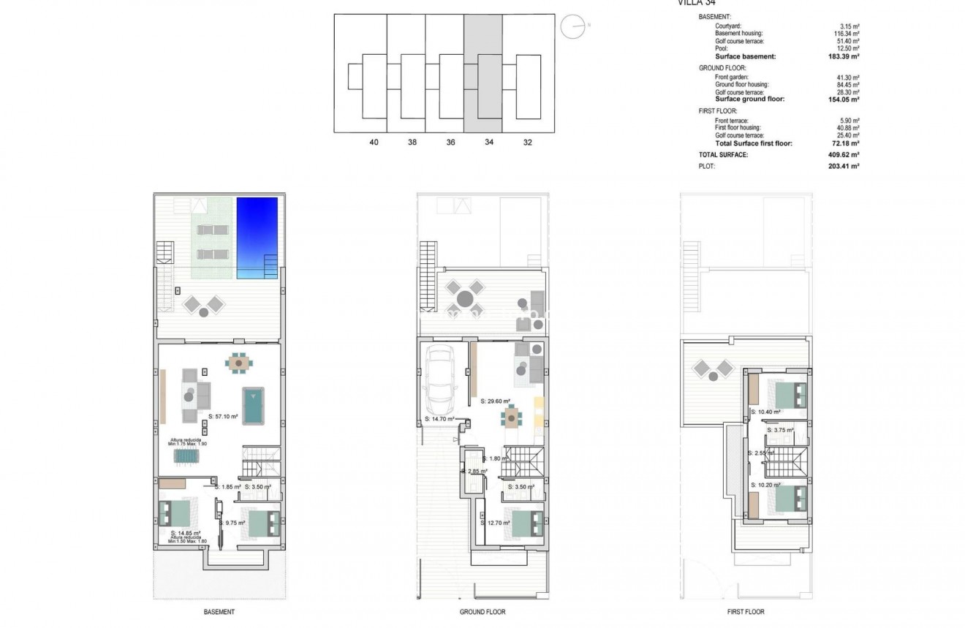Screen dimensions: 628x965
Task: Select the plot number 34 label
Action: click(488, 143)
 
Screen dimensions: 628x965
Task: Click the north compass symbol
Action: click(572, 27)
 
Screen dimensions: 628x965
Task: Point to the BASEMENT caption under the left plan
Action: click(219, 612)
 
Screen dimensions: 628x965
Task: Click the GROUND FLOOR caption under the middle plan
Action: click(482, 612)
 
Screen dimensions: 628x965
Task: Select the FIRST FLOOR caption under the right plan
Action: click(746, 612)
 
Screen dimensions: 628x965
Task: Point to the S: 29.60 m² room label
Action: click(496, 401)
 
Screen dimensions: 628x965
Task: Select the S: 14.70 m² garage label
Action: click(439, 420)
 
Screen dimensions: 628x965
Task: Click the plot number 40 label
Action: click(374, 143)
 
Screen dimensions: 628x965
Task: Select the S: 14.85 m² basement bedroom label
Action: click(186, 533)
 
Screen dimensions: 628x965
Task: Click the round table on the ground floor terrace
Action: click(465, 298)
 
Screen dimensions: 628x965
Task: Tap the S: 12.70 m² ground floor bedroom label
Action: click(496, 523)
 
